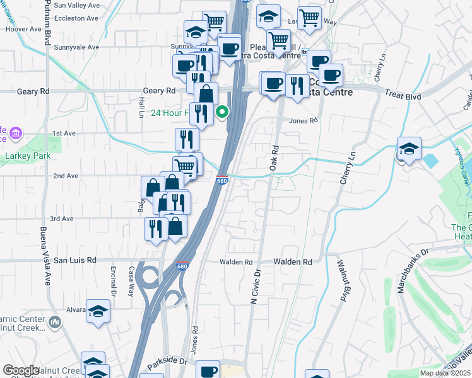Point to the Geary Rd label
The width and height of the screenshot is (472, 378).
tap(158, 91)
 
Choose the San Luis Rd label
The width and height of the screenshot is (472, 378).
tap(74, 260)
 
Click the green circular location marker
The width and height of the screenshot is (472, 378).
tap(222, 113)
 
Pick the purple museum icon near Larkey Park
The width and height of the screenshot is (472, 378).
tap(15, 134)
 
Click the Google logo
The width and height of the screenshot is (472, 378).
tap(21, 370)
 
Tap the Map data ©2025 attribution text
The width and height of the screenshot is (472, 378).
tap(445, 373)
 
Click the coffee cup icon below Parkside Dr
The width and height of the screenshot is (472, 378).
tap(208, 371)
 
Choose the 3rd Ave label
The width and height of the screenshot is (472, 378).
tap(62, 219)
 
